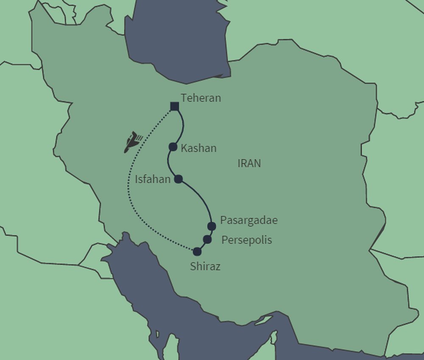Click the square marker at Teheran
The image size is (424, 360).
click(174, 106)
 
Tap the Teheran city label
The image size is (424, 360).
click(201, 98)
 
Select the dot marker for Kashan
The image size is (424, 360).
click(173, 147)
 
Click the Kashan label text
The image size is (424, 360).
click(198, 148)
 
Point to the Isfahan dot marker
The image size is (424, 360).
click(179, 179)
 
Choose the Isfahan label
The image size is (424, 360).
click(153, 179)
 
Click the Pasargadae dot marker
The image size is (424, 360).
click(212, 226)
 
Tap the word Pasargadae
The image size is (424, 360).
click(249, 220)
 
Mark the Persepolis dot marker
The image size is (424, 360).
click(207, 240)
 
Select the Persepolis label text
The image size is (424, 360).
click(247, 240)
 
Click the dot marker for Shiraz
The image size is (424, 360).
click(197, 251)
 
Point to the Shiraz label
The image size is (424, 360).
click(205, 267)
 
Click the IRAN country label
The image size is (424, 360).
click(249, 163)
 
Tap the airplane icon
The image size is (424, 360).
click(132, 142)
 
